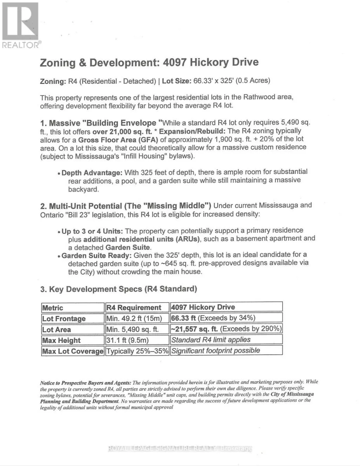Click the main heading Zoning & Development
(x=149, y=63)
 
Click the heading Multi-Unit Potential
(x=126, y=205)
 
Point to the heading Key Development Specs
(x=118, y=289)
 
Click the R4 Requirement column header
(x=134, y=308)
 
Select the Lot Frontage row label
(x=64, y=318)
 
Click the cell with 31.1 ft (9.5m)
(x=128, y=340)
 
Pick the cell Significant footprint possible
(x=216, y=350)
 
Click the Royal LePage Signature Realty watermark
(x=180, y=449)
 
